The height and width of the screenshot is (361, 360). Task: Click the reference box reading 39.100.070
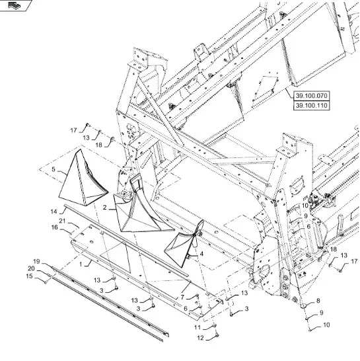tap(312, 96)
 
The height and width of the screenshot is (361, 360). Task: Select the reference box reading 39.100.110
tap(312, 106)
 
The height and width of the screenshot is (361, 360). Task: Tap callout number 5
tap(54, 169)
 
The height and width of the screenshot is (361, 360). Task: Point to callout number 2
tap(105, 208)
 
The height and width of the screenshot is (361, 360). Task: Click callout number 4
tap(201, 254)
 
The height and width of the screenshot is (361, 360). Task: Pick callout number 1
tap(81, 264)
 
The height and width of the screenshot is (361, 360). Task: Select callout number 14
tap(54, 212)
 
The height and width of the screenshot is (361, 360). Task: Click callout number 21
tap(62, 221)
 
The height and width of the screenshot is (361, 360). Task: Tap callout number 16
tap(55, 227)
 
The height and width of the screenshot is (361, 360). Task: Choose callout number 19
tap(36, 262)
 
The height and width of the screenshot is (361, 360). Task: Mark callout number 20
tap(31, 268)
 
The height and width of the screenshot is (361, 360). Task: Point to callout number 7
tap(182, 298)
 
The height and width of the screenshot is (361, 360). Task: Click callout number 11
tap(198, 327)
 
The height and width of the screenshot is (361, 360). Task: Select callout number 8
tap(318, 301)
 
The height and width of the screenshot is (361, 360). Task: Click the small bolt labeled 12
tap(217, 335)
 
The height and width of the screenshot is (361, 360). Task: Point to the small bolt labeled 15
tap(46, 282)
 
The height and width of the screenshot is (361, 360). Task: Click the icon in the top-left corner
tap(15, 5)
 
